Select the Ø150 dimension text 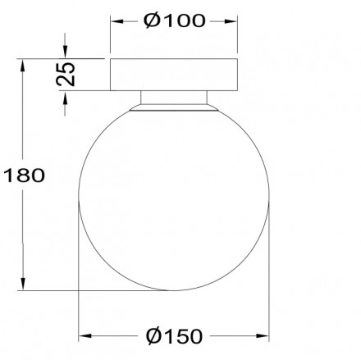coord(174,336)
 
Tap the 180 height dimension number coord(24,174)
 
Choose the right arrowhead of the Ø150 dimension coord(264,336)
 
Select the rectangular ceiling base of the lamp coord(174,74)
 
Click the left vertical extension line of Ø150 coord(80,271)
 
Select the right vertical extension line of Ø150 coord(269,271)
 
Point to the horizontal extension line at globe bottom coord(98,290)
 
